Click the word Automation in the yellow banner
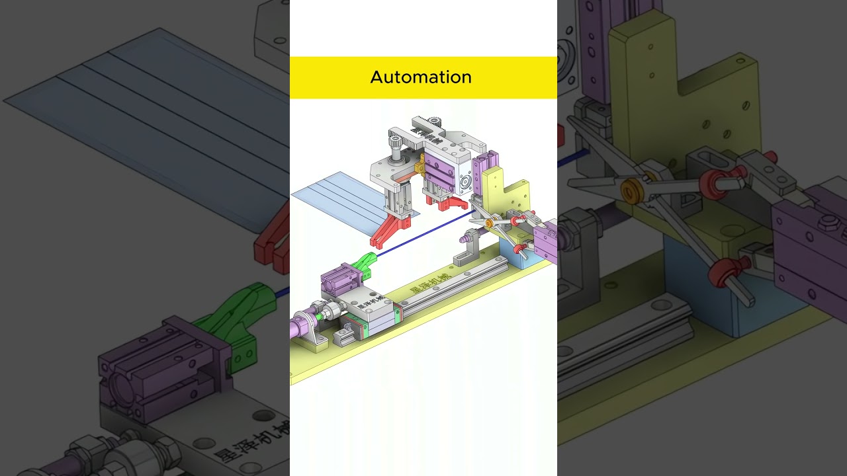421,77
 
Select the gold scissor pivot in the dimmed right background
633,191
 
